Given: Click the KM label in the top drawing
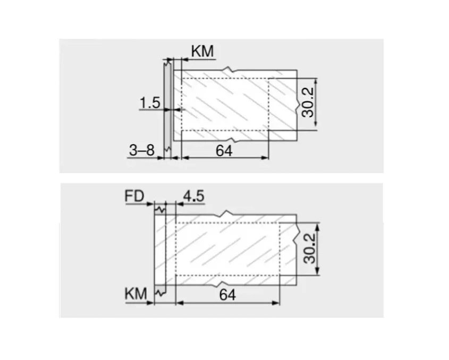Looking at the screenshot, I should pos(202,52).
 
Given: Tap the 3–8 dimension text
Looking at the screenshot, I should pos(141,151).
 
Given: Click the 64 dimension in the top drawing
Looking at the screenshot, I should pos(224,151).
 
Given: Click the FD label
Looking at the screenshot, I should pos(135,196).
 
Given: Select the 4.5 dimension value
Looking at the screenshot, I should pos(193,196).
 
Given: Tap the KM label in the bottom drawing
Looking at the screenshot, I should pos(135,294).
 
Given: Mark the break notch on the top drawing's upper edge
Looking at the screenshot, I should pos(228,70).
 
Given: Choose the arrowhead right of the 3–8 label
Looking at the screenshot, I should pos(161,158).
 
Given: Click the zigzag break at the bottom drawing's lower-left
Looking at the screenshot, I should pos(158,291).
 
